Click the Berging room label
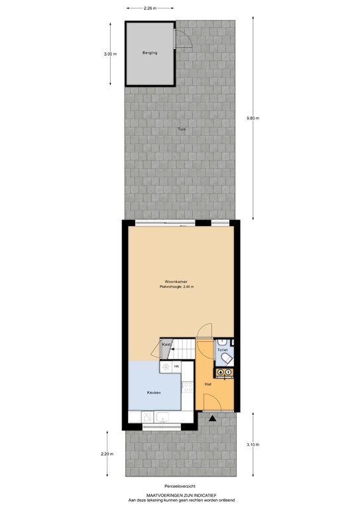pyautogui.click(x=150, y=53)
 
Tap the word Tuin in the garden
pyautogui.click(x=181, y=130)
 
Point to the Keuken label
pyautogui.click(x=154, y=392)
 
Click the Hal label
pyautogui.click(x=208, y=384)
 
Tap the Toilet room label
pyautogui.click(x=222, y=349)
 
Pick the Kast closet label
pyautogui.click(x=166, y=345)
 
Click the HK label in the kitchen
pyautogui.click(x=176, y=366)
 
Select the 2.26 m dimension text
pyautogui.click(x=149, y=9)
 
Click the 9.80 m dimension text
pyautogui.click(x=253, y=119)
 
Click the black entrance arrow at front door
pyautogui.click(x=211, y=419)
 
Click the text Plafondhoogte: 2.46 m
pyautogui.click(x=176, y=288)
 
